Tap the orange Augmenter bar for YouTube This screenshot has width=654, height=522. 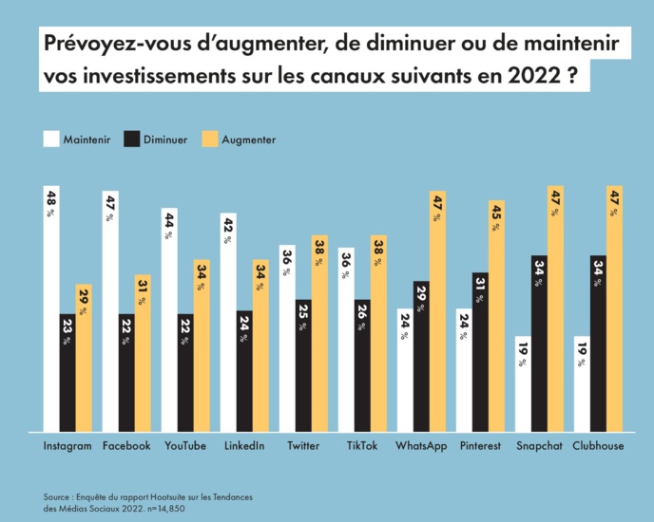click(x=202, y=345)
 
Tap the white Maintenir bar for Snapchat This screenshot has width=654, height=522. click(x=523, y=383)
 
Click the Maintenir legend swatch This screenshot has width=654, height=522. click(x=51, y=140)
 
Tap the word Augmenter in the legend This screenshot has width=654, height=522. click(x=248, y=140)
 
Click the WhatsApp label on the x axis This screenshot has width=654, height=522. click(x=421, y=446)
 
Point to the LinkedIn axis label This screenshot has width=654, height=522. click(x=243, y=446)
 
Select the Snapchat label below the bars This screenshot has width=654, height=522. click(x=539, y=446)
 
